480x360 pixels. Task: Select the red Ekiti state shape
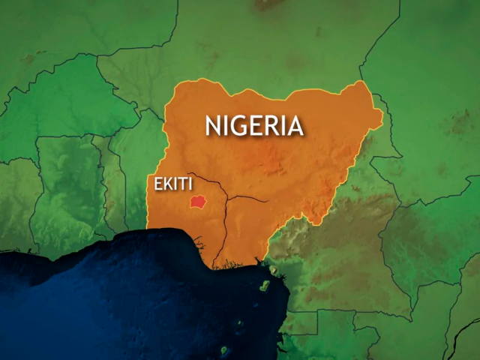(x=198, y=202)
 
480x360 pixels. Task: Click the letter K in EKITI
(x=165, y=184)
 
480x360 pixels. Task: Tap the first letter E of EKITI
(x=157, y=184)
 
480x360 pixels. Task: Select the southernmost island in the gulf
(x=224, y=349)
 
